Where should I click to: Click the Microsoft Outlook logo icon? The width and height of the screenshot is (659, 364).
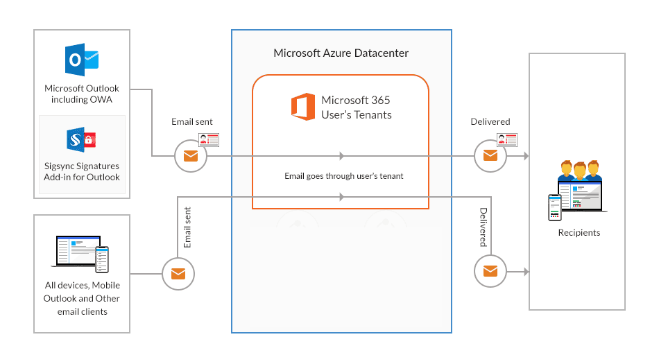pyautogui.click(x=81, y=60)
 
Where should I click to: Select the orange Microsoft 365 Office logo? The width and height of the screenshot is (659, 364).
pyautogui.click(x=303, y=107)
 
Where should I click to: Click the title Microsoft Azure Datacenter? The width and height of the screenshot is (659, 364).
pyautogui.click(x=341, y=53)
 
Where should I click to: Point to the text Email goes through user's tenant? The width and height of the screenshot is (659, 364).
pyautogui.click(x=344, y=176)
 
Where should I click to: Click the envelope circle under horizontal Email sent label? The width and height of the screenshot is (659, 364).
pyautogui.click(x=191, y=156)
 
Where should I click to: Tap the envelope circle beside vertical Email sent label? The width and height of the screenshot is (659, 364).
pyautogui.click(x=178, y=274)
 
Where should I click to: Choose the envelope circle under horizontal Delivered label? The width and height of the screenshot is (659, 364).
pyautogui.click(x=490, y=156)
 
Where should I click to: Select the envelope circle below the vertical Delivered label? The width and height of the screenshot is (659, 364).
pyautogui.click(x=490, y=270)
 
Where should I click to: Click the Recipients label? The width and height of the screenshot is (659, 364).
pyautogui.click(x=579, y=233)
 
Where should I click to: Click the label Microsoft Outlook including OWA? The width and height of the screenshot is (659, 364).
pyautogui.click(x=82, y=94)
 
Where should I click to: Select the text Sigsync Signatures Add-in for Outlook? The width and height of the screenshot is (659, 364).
pyautogui.click(x=82, y=171)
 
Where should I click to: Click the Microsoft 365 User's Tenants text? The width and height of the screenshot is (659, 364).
pyautogui.click(x=357, y=107)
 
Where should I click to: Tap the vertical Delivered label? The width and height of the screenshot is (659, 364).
pyautogui.click(x=483, y=227)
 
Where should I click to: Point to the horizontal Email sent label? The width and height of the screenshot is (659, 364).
pyautogui.click(x=192, y=122)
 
